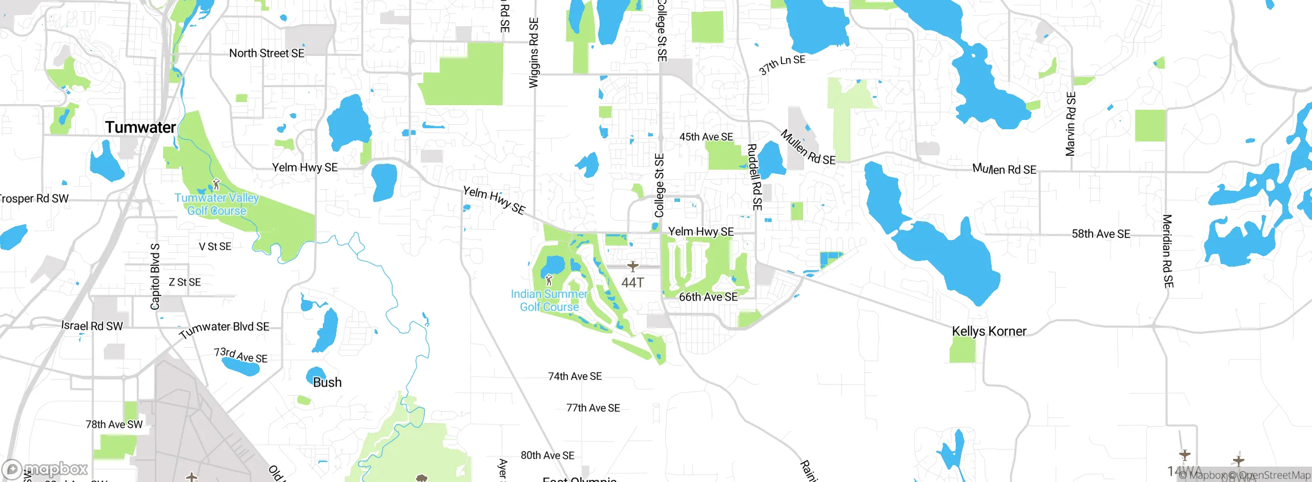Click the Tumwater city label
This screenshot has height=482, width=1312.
click(x=140, y=127)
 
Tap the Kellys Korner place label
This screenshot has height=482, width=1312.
click(x=989, y=331)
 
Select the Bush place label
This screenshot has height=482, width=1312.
click(x=327, y=383)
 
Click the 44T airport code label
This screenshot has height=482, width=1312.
click(x=632, y=283)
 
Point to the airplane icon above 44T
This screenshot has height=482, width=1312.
click(x=633, y=266)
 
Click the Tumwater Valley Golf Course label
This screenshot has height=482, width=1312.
click(x=216, y=204)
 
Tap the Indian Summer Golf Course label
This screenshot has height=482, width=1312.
click(x=549, y=300)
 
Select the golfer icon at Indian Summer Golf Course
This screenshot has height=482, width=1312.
click(x=549, y=280)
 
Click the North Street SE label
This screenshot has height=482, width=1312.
click(x=266, y=53)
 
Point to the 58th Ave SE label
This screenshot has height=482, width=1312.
click(x=1101, y=234)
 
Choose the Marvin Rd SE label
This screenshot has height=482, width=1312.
click(x=1071, y=124)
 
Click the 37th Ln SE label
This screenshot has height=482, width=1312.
click(x=782, y=65)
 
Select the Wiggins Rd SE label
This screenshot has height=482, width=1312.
click(x=534, y=53)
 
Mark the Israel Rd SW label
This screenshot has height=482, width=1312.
click(x=92, y=326)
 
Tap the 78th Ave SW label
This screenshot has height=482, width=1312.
click(x=114, y=425)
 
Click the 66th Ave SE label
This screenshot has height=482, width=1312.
click(x=708, y=297)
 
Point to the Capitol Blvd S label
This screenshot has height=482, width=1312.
click(x=155, y=276)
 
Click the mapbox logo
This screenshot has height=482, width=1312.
click(x=45, y=469)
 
